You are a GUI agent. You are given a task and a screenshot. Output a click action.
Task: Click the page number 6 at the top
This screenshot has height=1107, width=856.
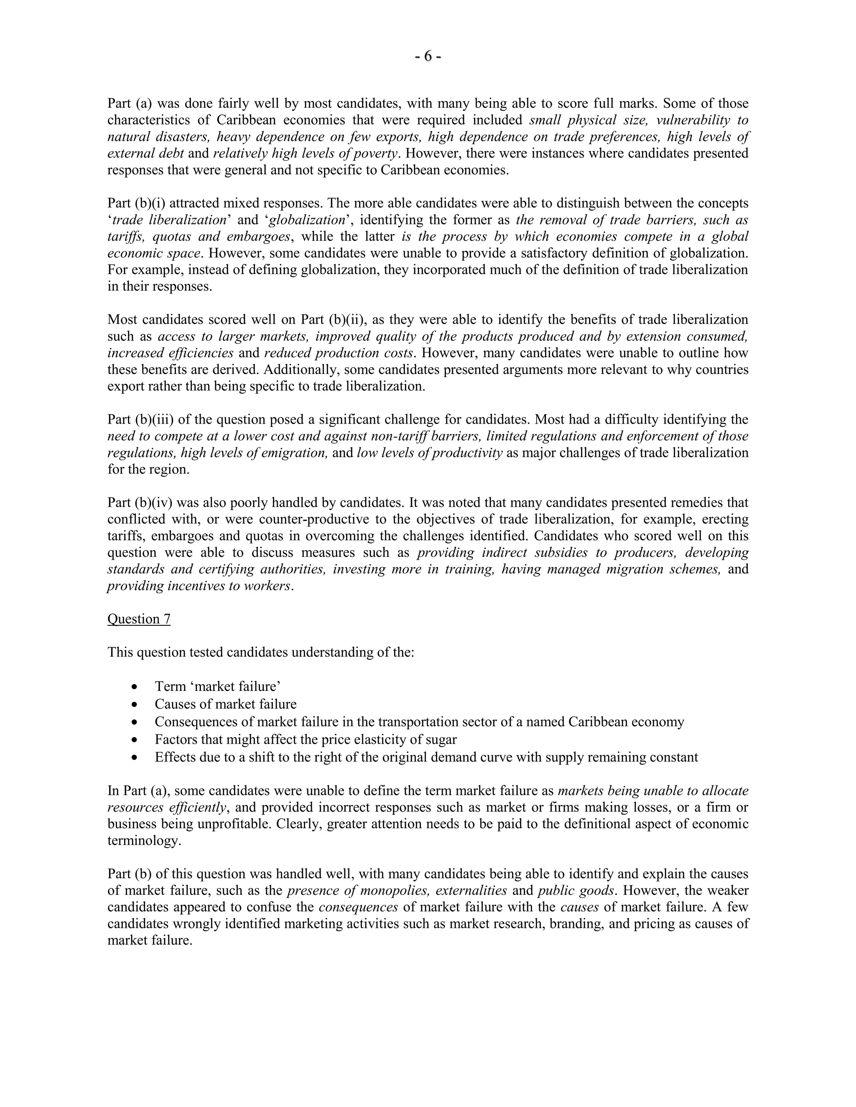click(428, 56)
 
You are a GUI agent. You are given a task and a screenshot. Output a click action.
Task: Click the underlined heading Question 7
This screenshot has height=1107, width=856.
click(138, 619)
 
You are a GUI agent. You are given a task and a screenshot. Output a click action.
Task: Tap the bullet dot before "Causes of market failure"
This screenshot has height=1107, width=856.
click(134, 705)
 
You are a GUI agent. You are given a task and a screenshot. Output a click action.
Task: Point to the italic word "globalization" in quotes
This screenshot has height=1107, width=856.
click(307, 220)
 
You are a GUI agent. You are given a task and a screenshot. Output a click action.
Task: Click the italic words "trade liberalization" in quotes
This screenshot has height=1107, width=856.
click(169, 220)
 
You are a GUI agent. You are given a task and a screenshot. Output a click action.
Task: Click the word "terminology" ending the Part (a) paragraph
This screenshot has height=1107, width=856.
click(143, 841)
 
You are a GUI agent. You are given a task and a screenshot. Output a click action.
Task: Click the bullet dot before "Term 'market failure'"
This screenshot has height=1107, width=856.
click(134, 687)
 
